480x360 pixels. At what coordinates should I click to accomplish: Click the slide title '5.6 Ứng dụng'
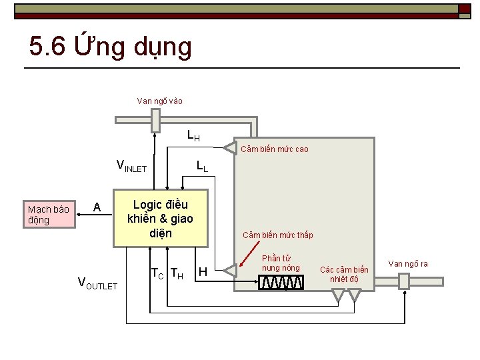111,47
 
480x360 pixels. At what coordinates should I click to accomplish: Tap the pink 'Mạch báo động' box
49,215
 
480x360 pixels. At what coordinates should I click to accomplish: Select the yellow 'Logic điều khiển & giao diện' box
161,219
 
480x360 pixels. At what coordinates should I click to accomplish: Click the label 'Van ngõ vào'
159,101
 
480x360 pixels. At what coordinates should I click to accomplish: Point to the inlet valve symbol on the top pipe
155,120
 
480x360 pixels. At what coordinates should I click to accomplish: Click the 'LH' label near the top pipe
193,137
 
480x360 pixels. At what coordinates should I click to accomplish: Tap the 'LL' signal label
202,166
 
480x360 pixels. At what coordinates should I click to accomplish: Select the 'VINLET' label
131,166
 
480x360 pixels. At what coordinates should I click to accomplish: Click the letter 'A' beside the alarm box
97,207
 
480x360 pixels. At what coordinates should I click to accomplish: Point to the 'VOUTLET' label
97,283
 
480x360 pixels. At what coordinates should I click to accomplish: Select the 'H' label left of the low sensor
203,272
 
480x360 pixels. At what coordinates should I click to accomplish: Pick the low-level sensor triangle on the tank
229,270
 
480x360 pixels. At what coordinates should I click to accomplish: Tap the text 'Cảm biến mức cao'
274,149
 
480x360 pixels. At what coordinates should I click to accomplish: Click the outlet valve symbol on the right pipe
403,281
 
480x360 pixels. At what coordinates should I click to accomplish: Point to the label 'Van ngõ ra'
407,264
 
